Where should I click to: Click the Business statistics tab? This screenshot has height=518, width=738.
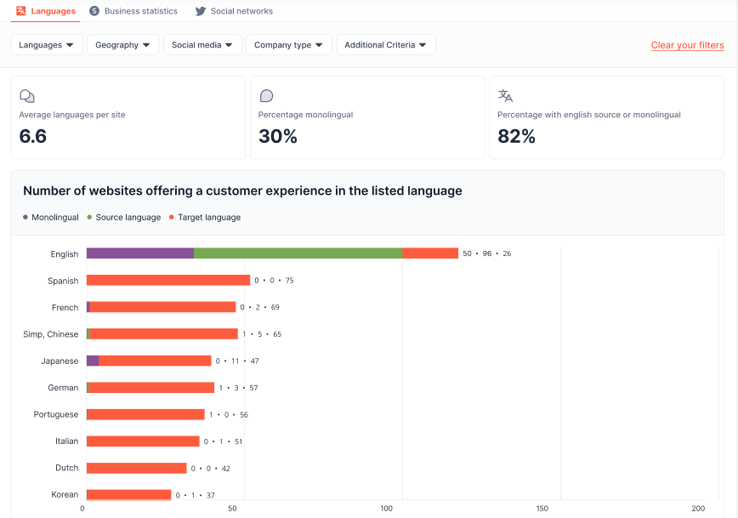coord(134,11)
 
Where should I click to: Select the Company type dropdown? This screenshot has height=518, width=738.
coord(289,45)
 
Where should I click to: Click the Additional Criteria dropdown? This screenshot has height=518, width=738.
coord(386,45)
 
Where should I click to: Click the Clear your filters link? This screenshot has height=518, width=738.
coord(687,45)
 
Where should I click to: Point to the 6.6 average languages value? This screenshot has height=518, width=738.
coord(33,136)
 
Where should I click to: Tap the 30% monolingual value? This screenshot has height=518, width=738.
coord(278,136)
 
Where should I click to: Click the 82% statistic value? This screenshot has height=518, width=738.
coord(517,136)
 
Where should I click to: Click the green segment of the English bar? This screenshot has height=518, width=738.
coord(298,253)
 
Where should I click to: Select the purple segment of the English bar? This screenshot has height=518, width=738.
coord(140,253)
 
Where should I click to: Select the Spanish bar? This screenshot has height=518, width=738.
coord(168,280)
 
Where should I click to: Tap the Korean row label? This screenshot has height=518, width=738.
coord(65,494)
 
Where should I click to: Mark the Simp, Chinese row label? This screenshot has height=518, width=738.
coord(51,334)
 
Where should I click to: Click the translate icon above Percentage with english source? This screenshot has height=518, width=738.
coord(505,95)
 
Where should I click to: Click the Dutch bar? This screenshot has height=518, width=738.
coord(136,468)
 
